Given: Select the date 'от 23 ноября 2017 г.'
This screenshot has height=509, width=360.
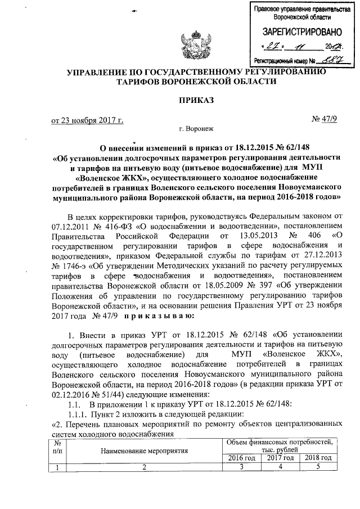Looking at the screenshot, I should pos(87,120).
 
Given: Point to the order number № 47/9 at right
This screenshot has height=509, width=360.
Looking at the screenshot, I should pos(323,120).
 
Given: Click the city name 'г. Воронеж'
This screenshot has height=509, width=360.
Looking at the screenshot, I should pos(193,129).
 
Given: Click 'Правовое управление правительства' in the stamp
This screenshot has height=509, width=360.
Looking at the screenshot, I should pos(295,10).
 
